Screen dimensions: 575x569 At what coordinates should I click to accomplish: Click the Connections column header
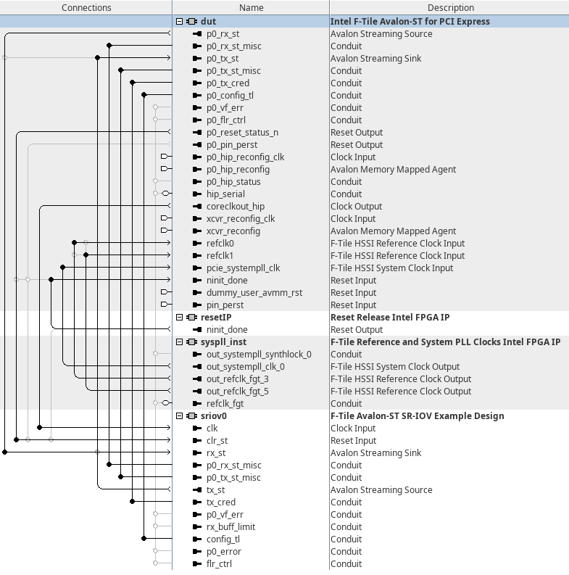point(86,7)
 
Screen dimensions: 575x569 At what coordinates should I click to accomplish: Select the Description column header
point(450,7)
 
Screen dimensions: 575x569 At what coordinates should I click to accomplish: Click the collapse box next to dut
point(180,22)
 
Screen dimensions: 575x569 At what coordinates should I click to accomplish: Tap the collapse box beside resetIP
point(180,318)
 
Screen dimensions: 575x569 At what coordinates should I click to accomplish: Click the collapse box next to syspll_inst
point(180,342)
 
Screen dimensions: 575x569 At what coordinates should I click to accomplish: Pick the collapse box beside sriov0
point(180,416)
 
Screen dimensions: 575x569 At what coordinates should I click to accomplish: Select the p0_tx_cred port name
point(228,83)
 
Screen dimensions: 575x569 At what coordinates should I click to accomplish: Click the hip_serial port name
point(225,194)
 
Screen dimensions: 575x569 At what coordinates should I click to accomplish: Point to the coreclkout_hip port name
point(236,207)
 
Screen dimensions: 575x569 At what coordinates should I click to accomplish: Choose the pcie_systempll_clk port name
point(243,268)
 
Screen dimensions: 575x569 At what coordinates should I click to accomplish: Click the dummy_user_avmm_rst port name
point(254,293)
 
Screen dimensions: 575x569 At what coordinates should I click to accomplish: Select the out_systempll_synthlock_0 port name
point(259,355)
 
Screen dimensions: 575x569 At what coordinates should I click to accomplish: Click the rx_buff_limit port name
point(230,527)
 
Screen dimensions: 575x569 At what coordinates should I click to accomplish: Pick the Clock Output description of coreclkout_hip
point(356,207)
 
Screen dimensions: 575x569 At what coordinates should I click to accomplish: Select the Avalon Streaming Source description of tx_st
point(381,490)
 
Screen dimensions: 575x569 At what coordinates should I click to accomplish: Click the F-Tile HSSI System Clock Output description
point(395,367)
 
